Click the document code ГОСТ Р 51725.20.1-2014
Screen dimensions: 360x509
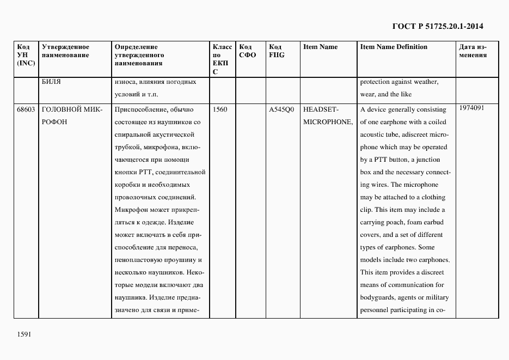pos(438,26)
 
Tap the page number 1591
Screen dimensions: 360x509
pos(24,333)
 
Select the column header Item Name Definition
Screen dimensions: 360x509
pos(394,47)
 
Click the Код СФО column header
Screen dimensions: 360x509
pos(247,51)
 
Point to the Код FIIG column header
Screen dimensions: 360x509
pos(277,51)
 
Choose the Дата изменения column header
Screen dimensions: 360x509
pos(473,51)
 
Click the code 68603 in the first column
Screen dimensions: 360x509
pos(26,109)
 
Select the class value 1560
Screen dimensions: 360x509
pos(220,109)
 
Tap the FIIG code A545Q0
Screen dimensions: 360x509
pos(281,109)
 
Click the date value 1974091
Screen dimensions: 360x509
pos(472,108)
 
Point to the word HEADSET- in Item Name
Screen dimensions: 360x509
pos(321,109)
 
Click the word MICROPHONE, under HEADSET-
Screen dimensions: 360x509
pos(328,122)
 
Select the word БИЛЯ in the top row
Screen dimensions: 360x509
pos(51,82)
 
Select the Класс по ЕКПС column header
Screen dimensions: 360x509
pos(222,59)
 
